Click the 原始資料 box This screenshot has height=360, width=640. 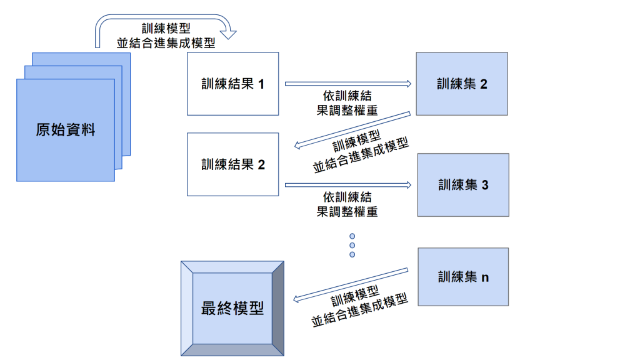point(66,130)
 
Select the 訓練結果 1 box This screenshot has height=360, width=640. point(232,84)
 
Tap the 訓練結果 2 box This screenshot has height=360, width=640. point(232,164)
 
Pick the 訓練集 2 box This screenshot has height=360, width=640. point(461,84)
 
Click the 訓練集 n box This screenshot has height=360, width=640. point(462,276)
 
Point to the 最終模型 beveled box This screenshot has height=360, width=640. point(232,308)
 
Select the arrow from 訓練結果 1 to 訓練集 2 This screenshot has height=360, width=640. point(347,82)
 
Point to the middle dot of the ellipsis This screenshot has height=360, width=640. point(352,246)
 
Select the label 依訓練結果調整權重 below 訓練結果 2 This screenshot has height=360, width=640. point(347,204)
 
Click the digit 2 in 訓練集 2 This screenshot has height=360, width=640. point(483,84)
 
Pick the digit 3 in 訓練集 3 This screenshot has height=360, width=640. point(484,185)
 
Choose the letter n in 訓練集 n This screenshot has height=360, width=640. point(484,277)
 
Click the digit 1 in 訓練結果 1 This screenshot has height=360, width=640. point(261,84)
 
